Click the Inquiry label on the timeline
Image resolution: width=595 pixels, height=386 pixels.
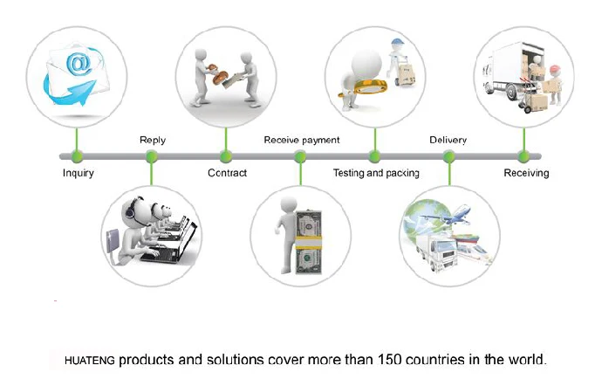coord(79,173)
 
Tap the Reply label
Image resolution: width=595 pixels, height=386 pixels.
coord(153,140)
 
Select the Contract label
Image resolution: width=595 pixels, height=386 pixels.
coord(227,173)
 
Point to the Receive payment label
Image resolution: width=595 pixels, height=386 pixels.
coord(301,140)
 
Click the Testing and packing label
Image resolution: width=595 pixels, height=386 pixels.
coord(376,173)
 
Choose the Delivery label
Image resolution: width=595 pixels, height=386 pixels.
coord(448,140)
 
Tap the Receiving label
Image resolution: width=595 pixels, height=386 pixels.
coord(526,173)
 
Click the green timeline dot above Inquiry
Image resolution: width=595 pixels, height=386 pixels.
coord(77,157)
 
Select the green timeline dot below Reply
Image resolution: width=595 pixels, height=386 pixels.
coord(152,157)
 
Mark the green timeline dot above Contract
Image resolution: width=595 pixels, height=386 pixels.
coord(227,157)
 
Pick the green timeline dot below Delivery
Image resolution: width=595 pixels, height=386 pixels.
coord(449,157)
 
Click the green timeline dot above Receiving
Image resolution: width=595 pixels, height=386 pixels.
coord(523,157)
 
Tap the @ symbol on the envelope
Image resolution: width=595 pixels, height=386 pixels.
coord(78,63)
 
